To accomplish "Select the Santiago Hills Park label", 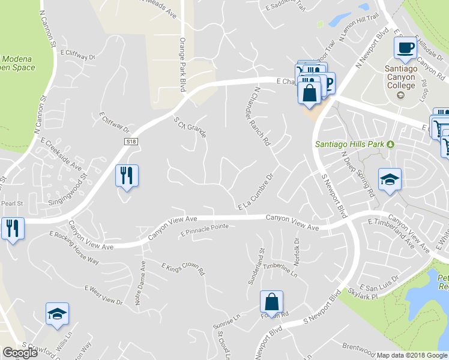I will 351,144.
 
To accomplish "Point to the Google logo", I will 20,353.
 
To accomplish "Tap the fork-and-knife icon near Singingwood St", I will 127,176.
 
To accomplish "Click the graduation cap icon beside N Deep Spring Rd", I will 389,179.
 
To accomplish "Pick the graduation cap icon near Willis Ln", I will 58,314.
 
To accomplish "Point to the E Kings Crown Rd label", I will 183,268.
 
